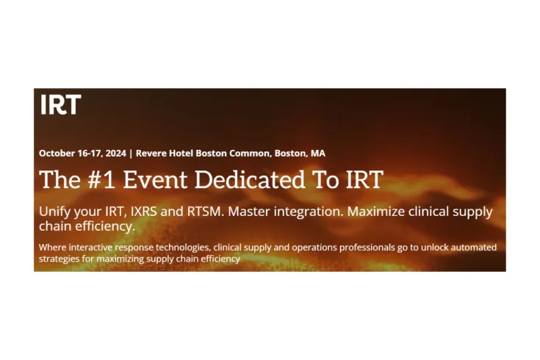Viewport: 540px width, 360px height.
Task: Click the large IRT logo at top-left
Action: coord(60,105)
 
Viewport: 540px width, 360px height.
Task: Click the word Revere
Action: coord(152,154)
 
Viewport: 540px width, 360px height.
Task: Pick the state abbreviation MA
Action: coord(317,154)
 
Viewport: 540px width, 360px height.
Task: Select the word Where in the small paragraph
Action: coord(52,247)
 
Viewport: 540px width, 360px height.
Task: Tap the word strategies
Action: coord(60,259)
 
